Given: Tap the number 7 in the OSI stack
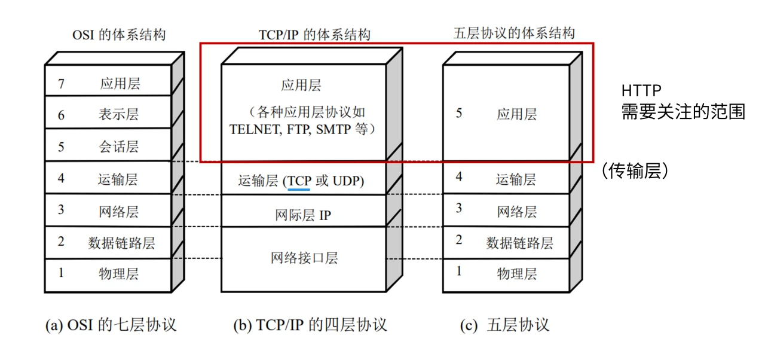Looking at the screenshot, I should (x=61, y=83).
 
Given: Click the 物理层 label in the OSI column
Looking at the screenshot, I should (x=118, y=274).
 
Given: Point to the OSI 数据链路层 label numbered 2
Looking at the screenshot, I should (x=121, y=243).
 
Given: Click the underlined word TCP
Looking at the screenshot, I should (x=299, y=181).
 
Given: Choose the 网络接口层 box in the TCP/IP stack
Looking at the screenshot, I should (x=304, y=258).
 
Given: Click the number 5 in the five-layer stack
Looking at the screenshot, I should (x=459, y=113).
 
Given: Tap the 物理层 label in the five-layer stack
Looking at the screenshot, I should (x=516, y=273).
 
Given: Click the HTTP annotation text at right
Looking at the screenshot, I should (x=641, y=91).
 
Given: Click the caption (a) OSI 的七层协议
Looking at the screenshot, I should (x=111, y=325).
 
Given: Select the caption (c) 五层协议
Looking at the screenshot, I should (x=504, y=325).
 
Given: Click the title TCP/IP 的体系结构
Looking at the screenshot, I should (x=314, y=35).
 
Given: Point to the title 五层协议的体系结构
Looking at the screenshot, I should (x=514, y=33).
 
